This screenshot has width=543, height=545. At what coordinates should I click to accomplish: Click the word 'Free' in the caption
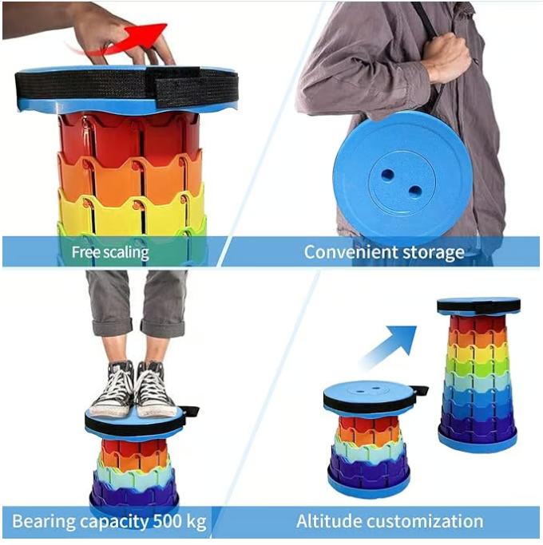(85, 253)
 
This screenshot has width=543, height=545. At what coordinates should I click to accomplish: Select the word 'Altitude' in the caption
(329, 522)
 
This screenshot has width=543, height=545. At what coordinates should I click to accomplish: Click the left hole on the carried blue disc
(388, 173)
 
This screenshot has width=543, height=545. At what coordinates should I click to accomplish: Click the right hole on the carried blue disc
(415, 189)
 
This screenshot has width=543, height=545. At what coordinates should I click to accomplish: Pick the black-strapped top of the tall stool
(478, 306)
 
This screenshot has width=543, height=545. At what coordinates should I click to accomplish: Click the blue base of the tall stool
(477, 438)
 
